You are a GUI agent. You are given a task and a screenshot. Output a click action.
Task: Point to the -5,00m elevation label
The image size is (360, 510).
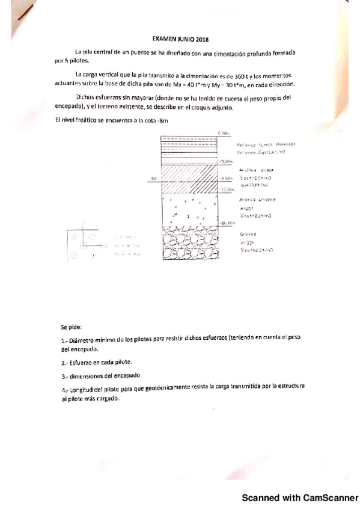(x=226, y=162)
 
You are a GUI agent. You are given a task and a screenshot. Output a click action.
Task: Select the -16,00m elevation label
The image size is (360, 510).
(x=226, y=223)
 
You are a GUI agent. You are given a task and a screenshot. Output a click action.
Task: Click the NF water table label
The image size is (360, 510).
(x=154, y=179)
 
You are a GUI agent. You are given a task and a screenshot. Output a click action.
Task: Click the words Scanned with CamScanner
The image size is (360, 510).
(x=299, y=499)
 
